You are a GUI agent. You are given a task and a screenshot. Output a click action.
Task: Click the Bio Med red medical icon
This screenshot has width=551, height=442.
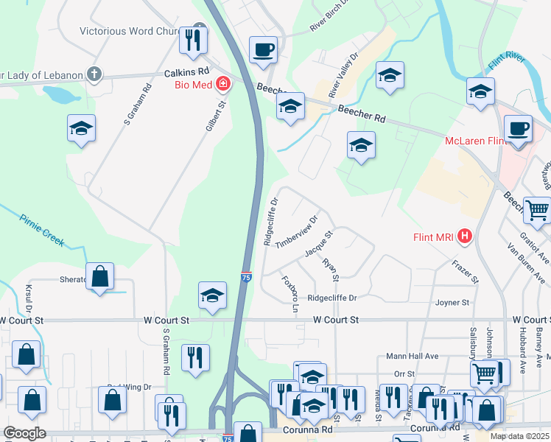pyautogui.click(x=222, y=85)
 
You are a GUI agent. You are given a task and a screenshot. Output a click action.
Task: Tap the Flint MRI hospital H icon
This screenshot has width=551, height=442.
pyautogui.click(x=465, y=236)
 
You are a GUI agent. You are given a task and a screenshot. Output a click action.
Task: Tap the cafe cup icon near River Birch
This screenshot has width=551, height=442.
pyautogui.click(x=263, y=50)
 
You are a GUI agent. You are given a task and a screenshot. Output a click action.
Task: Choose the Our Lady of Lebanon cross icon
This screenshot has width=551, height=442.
pyautogui.click(x=94, y=74)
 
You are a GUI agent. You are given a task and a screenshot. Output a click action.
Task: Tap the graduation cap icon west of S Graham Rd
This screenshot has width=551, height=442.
pyautogui.click(x=81, y=129)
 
